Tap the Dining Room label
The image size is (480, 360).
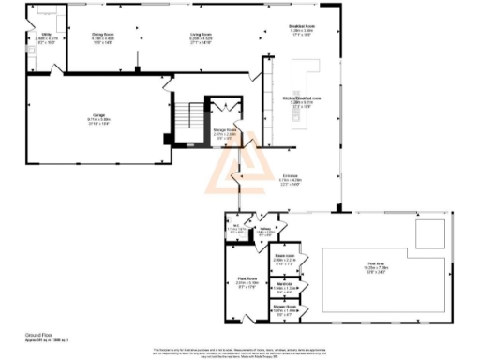coord(102,37)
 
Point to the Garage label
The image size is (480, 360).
coord(99,117)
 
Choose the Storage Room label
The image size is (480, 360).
coord(225,133)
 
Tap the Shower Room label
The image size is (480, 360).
coord(285,307)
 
